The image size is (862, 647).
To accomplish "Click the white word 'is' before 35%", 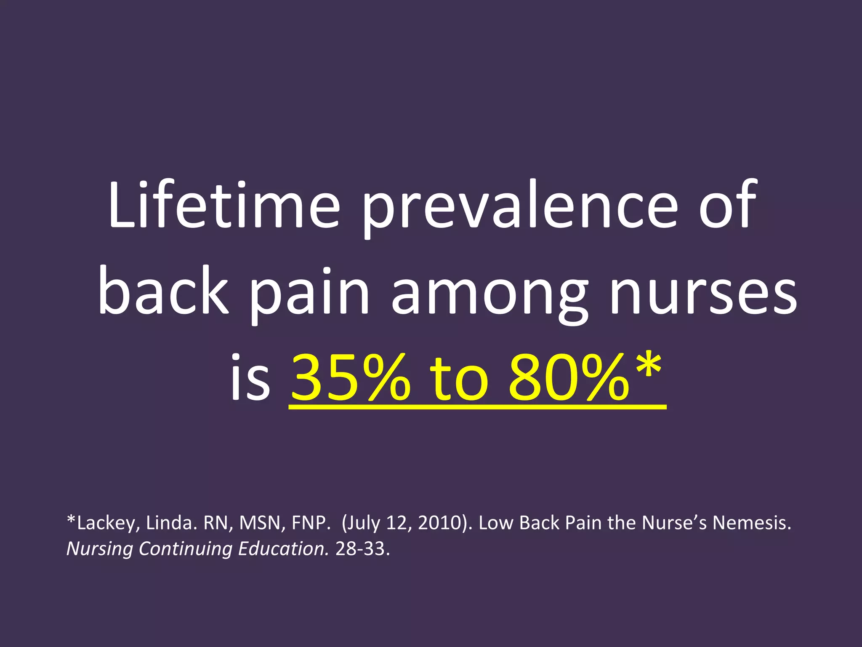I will coord(250,377).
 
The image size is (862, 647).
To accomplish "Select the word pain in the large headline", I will coord(309,295).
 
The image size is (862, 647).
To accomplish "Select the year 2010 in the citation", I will coord(442,523).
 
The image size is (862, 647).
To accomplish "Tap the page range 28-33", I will coord(362,548).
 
